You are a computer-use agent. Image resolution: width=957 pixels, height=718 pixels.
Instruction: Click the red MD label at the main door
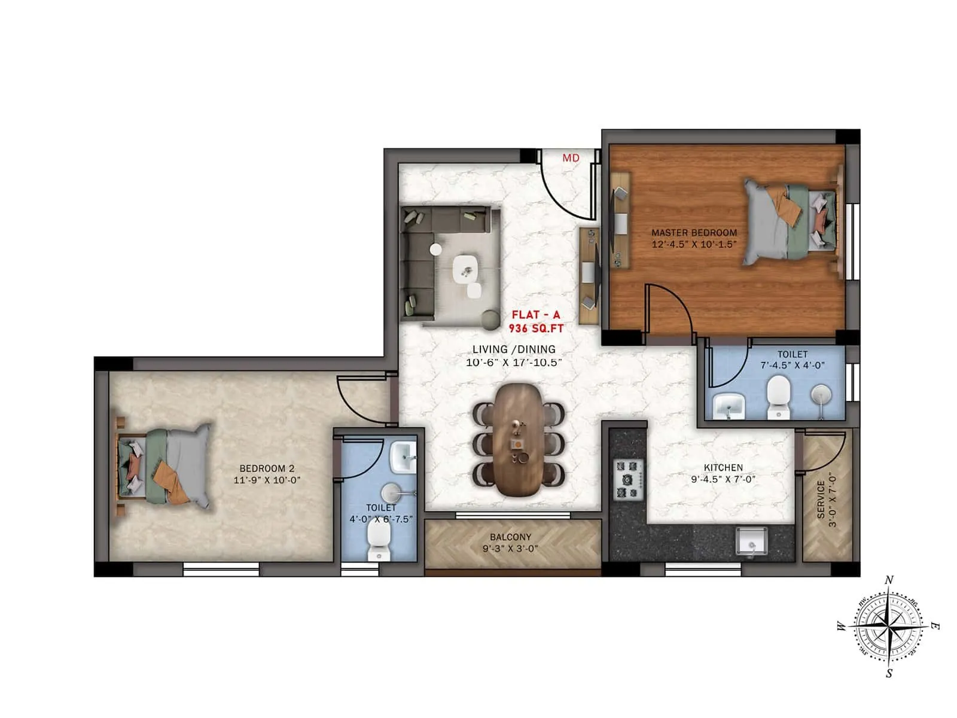click(x=571, y=158)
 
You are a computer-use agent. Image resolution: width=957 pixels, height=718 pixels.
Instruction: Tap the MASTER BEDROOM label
click(x=694, y=232)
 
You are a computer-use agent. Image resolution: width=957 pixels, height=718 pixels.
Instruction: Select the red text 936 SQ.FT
click(x=536, y=328)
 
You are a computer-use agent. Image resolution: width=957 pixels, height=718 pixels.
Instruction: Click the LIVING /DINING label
click(x=514, y=349)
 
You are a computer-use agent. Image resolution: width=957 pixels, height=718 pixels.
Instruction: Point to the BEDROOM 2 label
click(x=267, y=468)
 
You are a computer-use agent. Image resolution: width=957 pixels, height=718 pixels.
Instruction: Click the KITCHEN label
click(x=723, y=467)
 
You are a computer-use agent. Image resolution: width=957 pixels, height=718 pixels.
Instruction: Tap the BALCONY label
click(x=510, y=537)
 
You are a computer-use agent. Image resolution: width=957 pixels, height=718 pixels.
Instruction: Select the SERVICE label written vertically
click(x=821, y=498)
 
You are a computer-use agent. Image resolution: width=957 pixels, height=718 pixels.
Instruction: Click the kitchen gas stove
click(x=629, y=479)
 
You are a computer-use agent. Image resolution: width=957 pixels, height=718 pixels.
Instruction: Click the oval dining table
click(x=518, y=440)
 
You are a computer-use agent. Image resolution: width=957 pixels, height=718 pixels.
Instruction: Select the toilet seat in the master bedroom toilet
click(x=778, y=395)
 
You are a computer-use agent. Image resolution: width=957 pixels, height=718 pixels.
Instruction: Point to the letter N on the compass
click(x=889, y=580)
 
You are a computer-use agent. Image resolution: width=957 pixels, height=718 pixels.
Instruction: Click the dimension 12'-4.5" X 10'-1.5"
click(x=694, y=244)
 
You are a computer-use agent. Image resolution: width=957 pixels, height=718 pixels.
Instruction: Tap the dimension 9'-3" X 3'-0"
click(x=510, y=548)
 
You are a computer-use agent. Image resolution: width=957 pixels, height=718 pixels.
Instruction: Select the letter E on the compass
click(x=935, y=626)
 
